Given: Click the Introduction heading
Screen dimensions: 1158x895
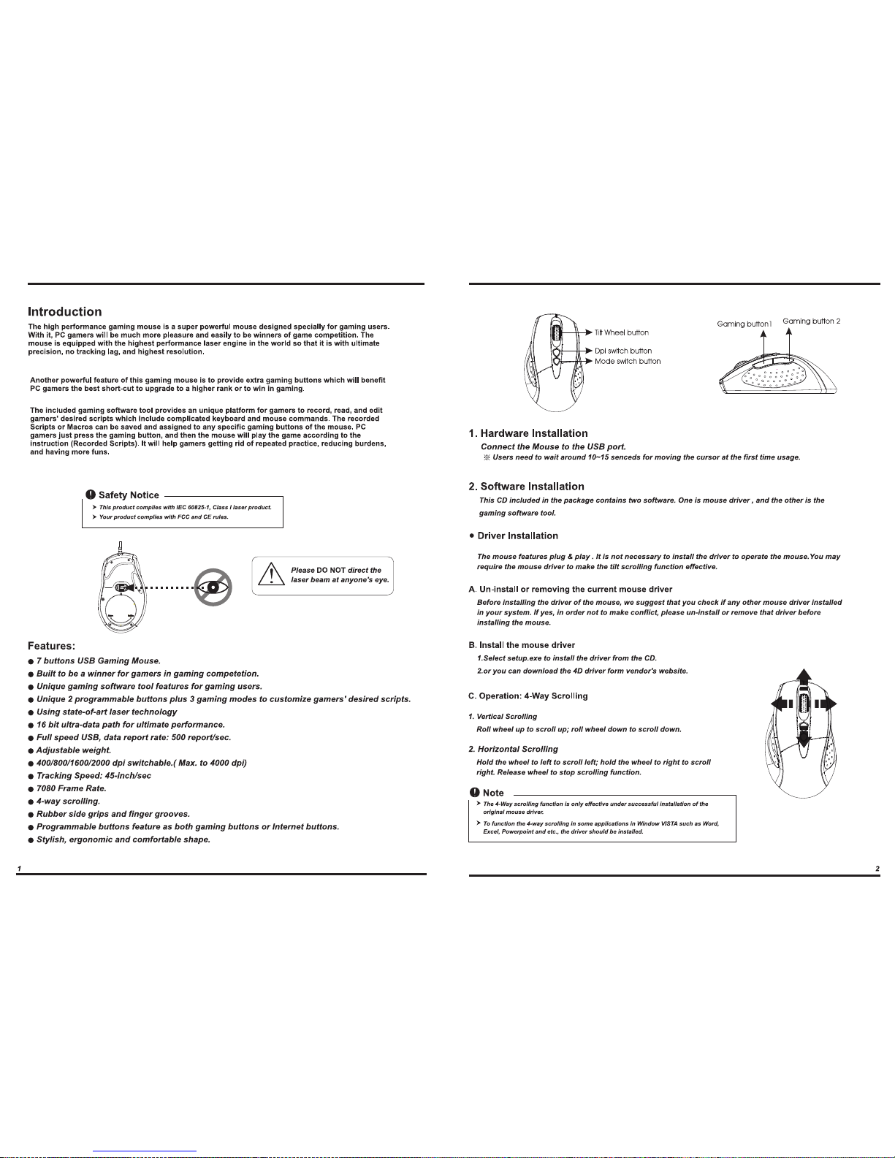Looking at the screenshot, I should point(64,312).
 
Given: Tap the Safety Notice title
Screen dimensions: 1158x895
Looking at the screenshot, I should point(129,495).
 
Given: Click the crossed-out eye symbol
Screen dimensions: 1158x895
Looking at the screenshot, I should point(213,587).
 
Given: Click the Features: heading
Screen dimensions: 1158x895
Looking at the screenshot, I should point(51,646).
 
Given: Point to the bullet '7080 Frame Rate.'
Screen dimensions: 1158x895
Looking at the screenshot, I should point(72,788).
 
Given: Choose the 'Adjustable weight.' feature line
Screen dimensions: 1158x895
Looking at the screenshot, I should point(74,750).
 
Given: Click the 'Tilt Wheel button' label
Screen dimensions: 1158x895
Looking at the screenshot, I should point(621,333).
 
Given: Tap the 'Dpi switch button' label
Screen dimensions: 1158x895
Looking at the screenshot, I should point(622,351).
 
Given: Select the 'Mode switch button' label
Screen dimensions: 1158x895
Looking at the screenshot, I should point(627,361).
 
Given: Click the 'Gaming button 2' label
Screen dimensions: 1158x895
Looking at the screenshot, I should point(811,321).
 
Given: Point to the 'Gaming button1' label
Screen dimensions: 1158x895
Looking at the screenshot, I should point(744,324).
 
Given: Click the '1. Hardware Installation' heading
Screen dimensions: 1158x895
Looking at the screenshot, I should point(528,433).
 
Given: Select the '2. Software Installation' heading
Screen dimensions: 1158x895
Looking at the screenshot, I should point(526,487).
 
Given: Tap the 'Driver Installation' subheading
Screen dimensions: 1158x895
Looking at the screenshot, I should point(517,536).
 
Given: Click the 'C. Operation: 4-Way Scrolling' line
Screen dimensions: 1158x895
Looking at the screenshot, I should point(528,696).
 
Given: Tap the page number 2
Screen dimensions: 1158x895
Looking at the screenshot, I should point(877,868).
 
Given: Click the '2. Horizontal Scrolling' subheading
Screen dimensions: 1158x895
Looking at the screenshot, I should point(513,749).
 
